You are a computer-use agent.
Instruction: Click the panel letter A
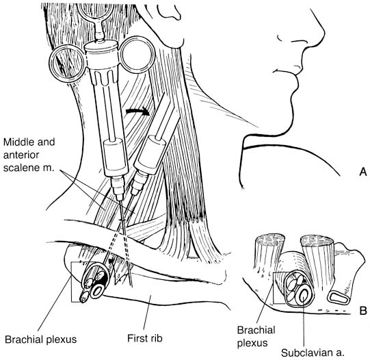point(363,172)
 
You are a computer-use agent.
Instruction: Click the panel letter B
point(363,311)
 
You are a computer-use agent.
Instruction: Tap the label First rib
point(145,338)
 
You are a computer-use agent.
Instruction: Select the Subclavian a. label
point(313,353)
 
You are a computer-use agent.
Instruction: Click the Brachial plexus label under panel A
point(41,339)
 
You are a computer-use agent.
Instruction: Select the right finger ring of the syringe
point(137,54)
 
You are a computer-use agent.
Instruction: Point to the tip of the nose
point(324,33)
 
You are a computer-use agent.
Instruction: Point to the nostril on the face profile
point(281,38)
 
